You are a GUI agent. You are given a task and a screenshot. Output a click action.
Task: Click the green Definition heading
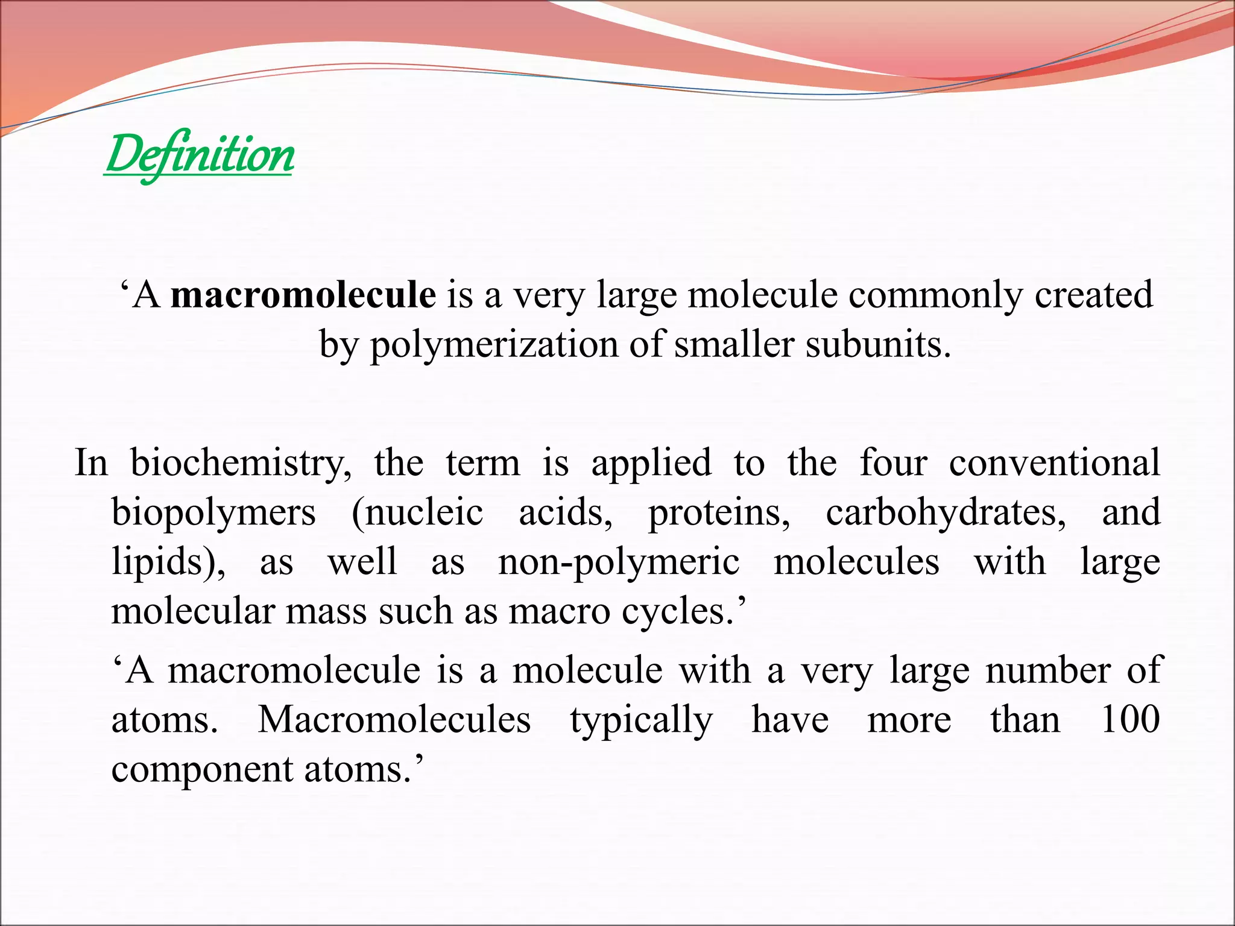[199, 155]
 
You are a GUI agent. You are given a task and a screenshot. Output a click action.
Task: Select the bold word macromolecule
[303, 295]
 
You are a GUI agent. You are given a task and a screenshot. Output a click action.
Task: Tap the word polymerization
[494, 345]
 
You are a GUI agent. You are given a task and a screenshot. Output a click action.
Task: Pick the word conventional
[1054, 463]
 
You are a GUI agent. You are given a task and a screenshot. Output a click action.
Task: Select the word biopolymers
[213, 512]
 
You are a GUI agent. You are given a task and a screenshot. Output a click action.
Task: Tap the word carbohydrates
[946, 512]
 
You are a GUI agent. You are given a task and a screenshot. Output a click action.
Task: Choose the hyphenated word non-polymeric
[619, 562]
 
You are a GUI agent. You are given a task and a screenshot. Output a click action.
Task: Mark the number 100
[1129, 720]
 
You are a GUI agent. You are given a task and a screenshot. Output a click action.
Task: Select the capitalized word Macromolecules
[394, 720]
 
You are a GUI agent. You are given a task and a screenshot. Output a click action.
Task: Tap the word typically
[641, 720]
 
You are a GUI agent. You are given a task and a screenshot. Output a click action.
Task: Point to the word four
[893, 463]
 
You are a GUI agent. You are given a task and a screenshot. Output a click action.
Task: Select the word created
[1093, 295]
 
